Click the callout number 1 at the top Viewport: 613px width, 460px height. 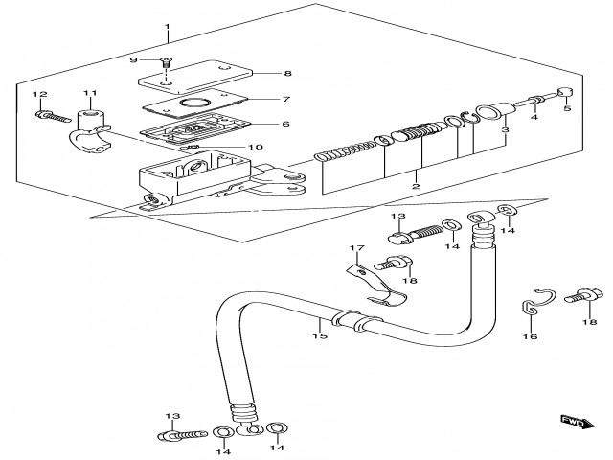point(167,25)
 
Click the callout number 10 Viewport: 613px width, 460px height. point(255,147)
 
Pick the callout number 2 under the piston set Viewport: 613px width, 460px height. point(415,186)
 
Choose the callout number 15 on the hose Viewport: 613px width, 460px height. point(322,335)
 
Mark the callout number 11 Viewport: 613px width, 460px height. point(90,94)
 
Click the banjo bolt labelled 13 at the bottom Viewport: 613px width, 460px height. point(172,436)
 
